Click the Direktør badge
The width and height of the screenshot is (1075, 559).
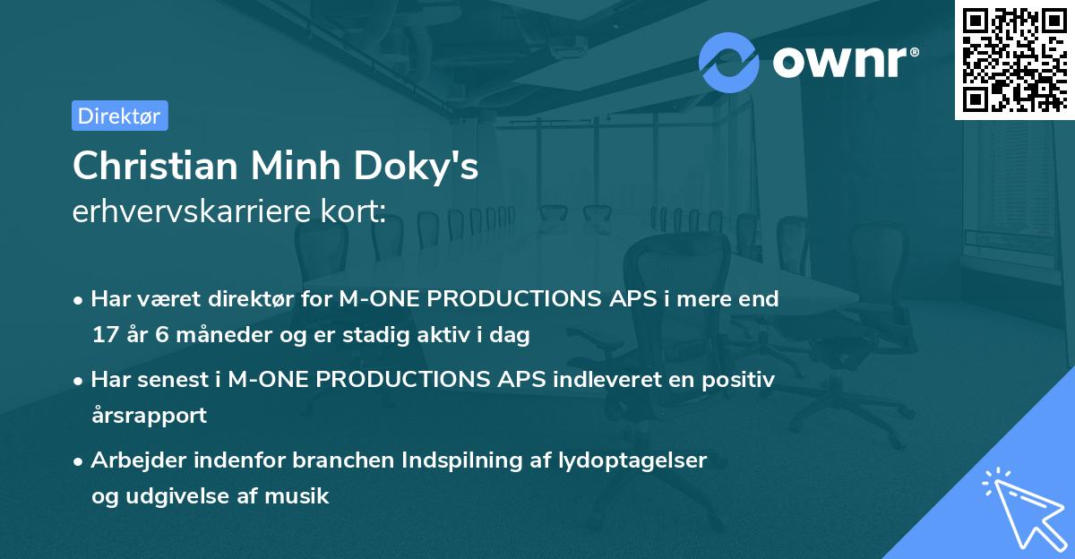[x=120, y=116]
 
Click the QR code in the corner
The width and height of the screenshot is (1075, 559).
[x=1014, y=59]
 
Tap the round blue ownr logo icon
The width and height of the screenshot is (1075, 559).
[x=728, y=62]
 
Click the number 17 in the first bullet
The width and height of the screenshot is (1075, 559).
[x=104, y=335]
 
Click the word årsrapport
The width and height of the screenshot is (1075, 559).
[x=149, y=416]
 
